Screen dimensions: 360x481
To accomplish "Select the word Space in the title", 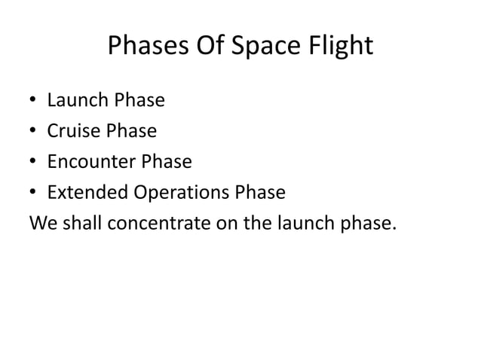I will tap(264, 47).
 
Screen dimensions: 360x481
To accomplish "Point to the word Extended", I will tap(88, 194).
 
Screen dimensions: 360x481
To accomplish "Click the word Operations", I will tap(182, 194).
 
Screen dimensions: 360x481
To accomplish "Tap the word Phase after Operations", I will tap(260, 194).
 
